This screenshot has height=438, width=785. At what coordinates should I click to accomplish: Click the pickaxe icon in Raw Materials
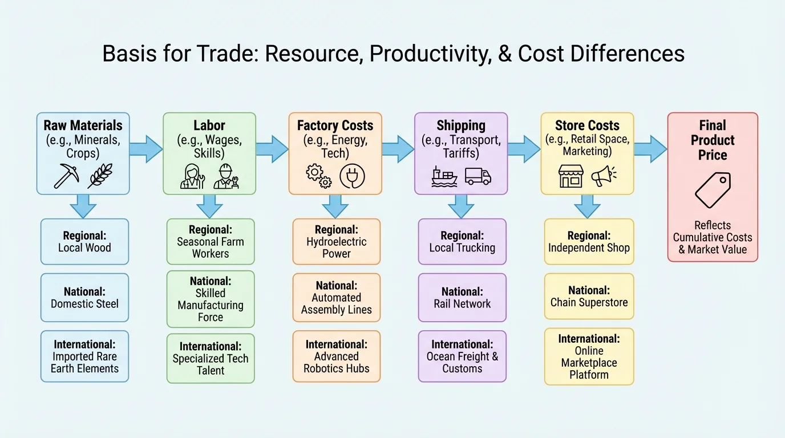67,176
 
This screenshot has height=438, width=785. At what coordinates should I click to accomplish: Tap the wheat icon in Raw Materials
100,176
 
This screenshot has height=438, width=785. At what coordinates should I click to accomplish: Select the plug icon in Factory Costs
352,176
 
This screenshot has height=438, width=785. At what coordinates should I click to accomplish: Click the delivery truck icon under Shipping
478,176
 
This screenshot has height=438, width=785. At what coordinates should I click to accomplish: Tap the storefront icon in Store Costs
570,176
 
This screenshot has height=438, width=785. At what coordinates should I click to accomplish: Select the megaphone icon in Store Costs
603,176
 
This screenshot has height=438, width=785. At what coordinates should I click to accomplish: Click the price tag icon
713,190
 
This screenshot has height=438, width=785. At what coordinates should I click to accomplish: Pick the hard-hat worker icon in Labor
226,176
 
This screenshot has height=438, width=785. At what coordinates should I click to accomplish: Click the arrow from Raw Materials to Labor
146,149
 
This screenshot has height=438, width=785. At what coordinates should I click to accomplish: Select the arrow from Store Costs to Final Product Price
650,149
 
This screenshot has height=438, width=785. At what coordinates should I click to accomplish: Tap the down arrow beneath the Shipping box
461,206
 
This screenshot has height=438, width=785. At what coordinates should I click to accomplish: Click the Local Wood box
84,242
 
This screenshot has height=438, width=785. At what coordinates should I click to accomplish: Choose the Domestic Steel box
84,298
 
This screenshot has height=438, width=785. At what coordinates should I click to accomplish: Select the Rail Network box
462,298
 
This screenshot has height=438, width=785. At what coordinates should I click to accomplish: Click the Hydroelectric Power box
337,242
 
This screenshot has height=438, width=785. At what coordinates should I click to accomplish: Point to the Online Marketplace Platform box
589,356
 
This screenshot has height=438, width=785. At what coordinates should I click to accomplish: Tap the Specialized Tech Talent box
211,358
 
